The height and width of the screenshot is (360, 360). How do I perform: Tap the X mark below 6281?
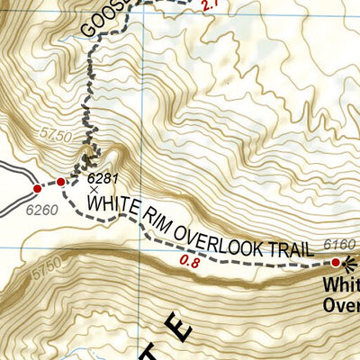[x=94, y=190]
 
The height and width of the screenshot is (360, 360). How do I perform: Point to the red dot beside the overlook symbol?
[x=337, y=263]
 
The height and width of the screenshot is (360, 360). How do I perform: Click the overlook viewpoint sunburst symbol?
[x=351, y=264]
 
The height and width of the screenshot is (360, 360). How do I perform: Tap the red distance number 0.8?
[x=189, y=263]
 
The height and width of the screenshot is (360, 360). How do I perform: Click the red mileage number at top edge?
[x=211, y=6]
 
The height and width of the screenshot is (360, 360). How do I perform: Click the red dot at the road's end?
[x=38, y=189]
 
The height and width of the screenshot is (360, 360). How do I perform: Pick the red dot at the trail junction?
[x=60, y=182]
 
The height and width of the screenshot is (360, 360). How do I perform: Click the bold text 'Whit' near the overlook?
[x=342, y=287]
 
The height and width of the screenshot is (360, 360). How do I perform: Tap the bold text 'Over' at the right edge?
[x=342, y=305]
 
